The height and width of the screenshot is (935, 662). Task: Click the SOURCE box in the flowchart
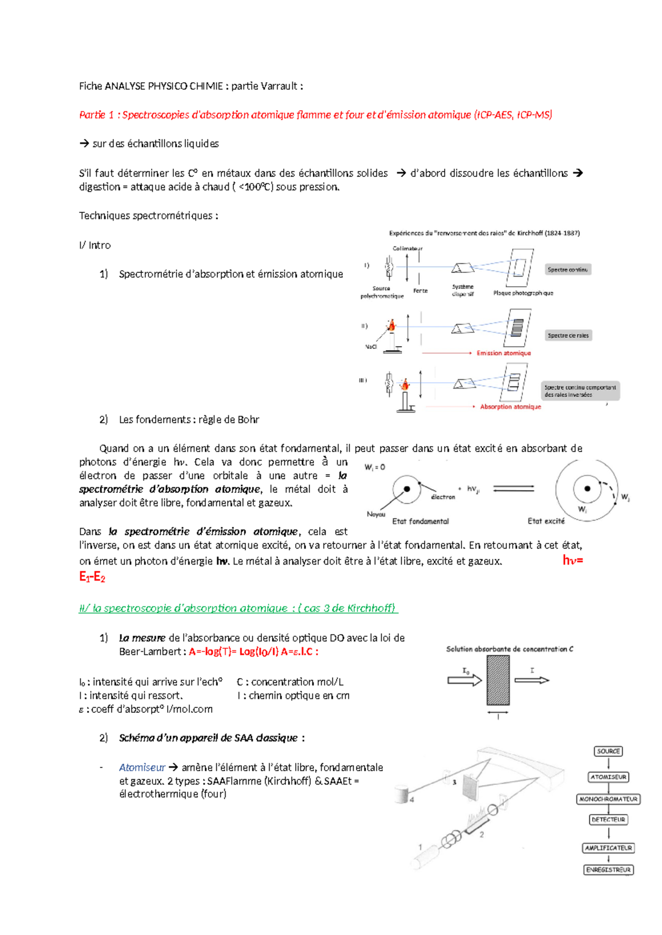608,751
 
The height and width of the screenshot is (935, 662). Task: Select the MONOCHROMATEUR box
608,799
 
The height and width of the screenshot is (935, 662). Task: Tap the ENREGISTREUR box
608,869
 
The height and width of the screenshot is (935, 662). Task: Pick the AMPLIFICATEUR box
608,848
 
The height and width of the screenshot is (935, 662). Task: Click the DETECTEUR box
608,820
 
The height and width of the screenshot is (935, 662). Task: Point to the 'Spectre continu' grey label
568,270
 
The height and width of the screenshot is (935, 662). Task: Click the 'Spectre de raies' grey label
568,335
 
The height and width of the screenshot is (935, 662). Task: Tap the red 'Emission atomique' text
504,353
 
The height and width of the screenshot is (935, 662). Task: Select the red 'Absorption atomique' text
510,407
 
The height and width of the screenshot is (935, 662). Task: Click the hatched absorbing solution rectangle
498,680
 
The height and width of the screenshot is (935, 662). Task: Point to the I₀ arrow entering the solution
465,680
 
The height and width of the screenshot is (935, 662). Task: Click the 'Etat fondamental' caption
420,521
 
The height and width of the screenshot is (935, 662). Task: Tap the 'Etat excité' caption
546,521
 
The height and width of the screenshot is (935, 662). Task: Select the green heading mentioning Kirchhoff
238,608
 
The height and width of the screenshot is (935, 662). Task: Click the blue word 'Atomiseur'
142,767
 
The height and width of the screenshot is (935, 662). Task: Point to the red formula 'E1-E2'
92,577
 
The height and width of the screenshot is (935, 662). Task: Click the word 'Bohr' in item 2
248,420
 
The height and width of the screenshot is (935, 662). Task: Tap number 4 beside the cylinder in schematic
412,799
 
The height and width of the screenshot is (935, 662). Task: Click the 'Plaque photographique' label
523,293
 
